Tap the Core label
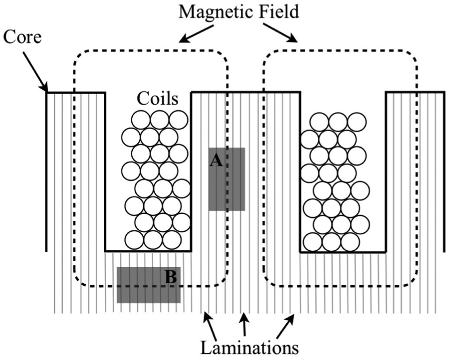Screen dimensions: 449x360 (x=22, y=37)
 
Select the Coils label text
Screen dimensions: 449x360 (x=158, y=98)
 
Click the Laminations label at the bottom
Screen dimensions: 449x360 (x=249, y=348)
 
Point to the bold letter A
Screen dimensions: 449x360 (x=216, y=161)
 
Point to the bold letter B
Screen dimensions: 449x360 (x=171, y=277)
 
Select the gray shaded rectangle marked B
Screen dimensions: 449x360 (x=148, y=285)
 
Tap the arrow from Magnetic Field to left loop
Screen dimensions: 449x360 (x=197, y=34)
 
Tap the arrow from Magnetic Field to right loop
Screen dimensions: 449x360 (x=280, y=33)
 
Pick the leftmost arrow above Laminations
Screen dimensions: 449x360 (x=211, y=326)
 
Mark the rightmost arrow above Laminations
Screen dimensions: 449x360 (x=285, y=326)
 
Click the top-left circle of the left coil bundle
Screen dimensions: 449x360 (x=141, y=120)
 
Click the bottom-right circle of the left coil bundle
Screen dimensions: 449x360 (x=172, y=240)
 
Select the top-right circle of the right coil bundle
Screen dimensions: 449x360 (x=357, y=122)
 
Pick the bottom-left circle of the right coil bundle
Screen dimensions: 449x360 (x=313, y=242)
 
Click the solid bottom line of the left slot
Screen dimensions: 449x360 (x=148, y=251)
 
